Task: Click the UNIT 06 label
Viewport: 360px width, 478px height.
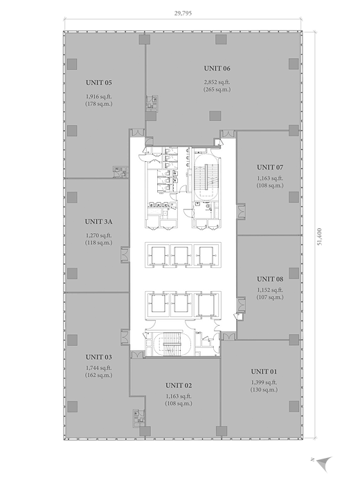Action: coord(217,68)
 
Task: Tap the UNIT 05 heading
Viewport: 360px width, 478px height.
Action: coord(99,82)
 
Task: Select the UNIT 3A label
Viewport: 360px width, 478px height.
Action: coord(98,221)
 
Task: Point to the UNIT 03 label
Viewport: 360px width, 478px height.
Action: coord(98,357)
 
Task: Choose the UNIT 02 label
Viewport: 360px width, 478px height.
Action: coord(179,385)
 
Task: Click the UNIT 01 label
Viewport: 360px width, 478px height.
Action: coord(264,371)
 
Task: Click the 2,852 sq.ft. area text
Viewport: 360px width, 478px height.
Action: coord(217,82)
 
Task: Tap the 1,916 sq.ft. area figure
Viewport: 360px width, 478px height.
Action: coord(99,96)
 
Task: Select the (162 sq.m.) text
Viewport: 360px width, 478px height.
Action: coord(98,375)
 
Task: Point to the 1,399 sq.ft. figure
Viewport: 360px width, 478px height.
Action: coord(264,383)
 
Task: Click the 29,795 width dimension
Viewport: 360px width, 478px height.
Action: coord(183,13)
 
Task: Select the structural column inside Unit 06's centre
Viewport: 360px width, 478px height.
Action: coord(215,116)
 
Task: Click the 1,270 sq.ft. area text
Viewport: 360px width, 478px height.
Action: coord(98,235)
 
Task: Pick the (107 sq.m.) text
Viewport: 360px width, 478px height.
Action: coord(270,297)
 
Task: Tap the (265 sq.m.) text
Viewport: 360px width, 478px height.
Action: coord(217,89)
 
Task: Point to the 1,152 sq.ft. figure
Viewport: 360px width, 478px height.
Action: coord(270,290)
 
